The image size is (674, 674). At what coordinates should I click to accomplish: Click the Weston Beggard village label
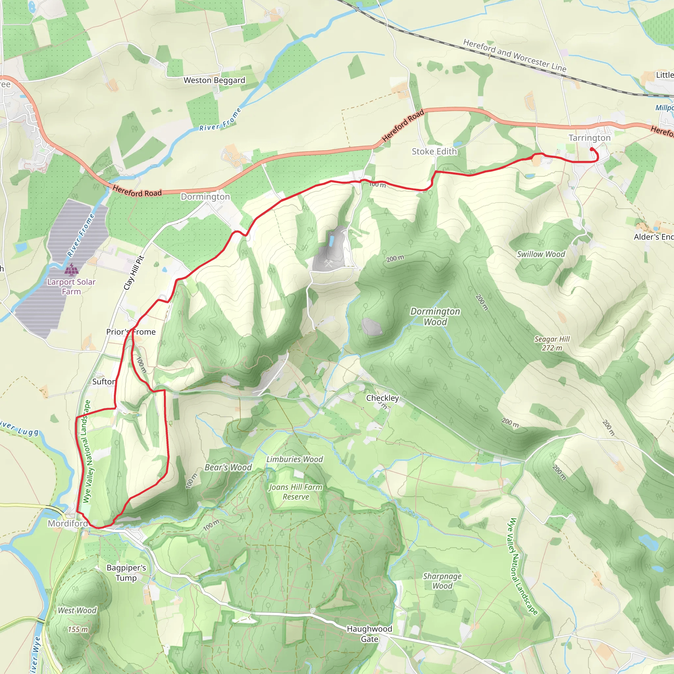(214, 80)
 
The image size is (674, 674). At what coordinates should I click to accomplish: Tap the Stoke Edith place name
(434, 151)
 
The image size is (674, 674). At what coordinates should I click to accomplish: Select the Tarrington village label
(589, 138)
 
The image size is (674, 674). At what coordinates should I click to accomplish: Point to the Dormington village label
(205, 197)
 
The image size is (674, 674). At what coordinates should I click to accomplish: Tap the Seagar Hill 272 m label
(552, 343)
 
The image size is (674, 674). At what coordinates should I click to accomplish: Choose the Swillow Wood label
(541, 254)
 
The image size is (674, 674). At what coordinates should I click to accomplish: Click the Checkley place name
(382, 398)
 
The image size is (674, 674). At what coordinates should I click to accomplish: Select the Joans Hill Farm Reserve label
(296, 492)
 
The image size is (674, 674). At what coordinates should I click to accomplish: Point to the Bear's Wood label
(228, 467)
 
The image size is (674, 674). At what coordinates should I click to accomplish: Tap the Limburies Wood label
(295, 459)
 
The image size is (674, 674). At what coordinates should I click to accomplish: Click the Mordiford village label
(68, 523)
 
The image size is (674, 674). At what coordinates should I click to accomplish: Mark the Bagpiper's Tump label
(126, 573)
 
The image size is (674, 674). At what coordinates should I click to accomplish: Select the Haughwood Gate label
(370, 634)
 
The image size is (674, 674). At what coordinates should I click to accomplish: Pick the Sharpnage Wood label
(442, 581)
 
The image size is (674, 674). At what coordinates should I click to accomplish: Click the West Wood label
(77, 610)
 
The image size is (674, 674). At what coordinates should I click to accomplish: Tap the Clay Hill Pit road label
(134, 273)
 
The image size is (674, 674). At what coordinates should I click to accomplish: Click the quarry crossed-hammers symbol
(328, 263)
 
